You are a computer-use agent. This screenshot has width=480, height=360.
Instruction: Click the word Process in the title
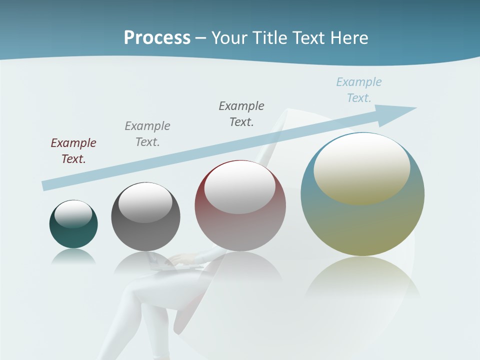coord(157,38)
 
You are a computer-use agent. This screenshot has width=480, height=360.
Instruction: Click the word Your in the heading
coord(230,38)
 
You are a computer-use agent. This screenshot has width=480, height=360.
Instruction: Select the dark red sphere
coord(240,225)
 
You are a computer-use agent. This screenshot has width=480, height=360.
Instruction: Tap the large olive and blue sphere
coord(362,220)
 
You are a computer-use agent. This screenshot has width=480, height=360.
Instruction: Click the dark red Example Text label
coord(73,150)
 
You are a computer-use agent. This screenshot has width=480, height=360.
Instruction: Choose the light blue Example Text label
coord(359,89)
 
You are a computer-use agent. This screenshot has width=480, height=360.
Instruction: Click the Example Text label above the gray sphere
coord(147,133)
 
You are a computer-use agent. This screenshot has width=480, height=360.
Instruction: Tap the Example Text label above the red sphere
coord(241,113)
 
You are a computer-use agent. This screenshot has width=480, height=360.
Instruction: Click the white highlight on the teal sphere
coord(73,213)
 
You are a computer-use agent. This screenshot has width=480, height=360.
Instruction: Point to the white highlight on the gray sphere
coord(145,202)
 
